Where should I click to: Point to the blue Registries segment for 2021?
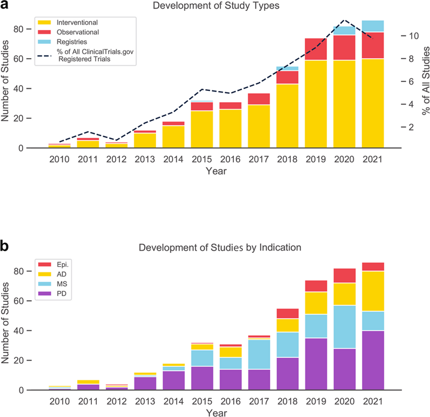pyautogui.click(x=372, y=26)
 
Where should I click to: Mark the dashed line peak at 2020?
pyautogui.click(x=345, y=20)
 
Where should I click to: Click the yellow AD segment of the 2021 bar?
pyautogui.click(x=372, y=291)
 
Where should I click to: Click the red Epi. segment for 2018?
pyautogui.click(x=287, y=314)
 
